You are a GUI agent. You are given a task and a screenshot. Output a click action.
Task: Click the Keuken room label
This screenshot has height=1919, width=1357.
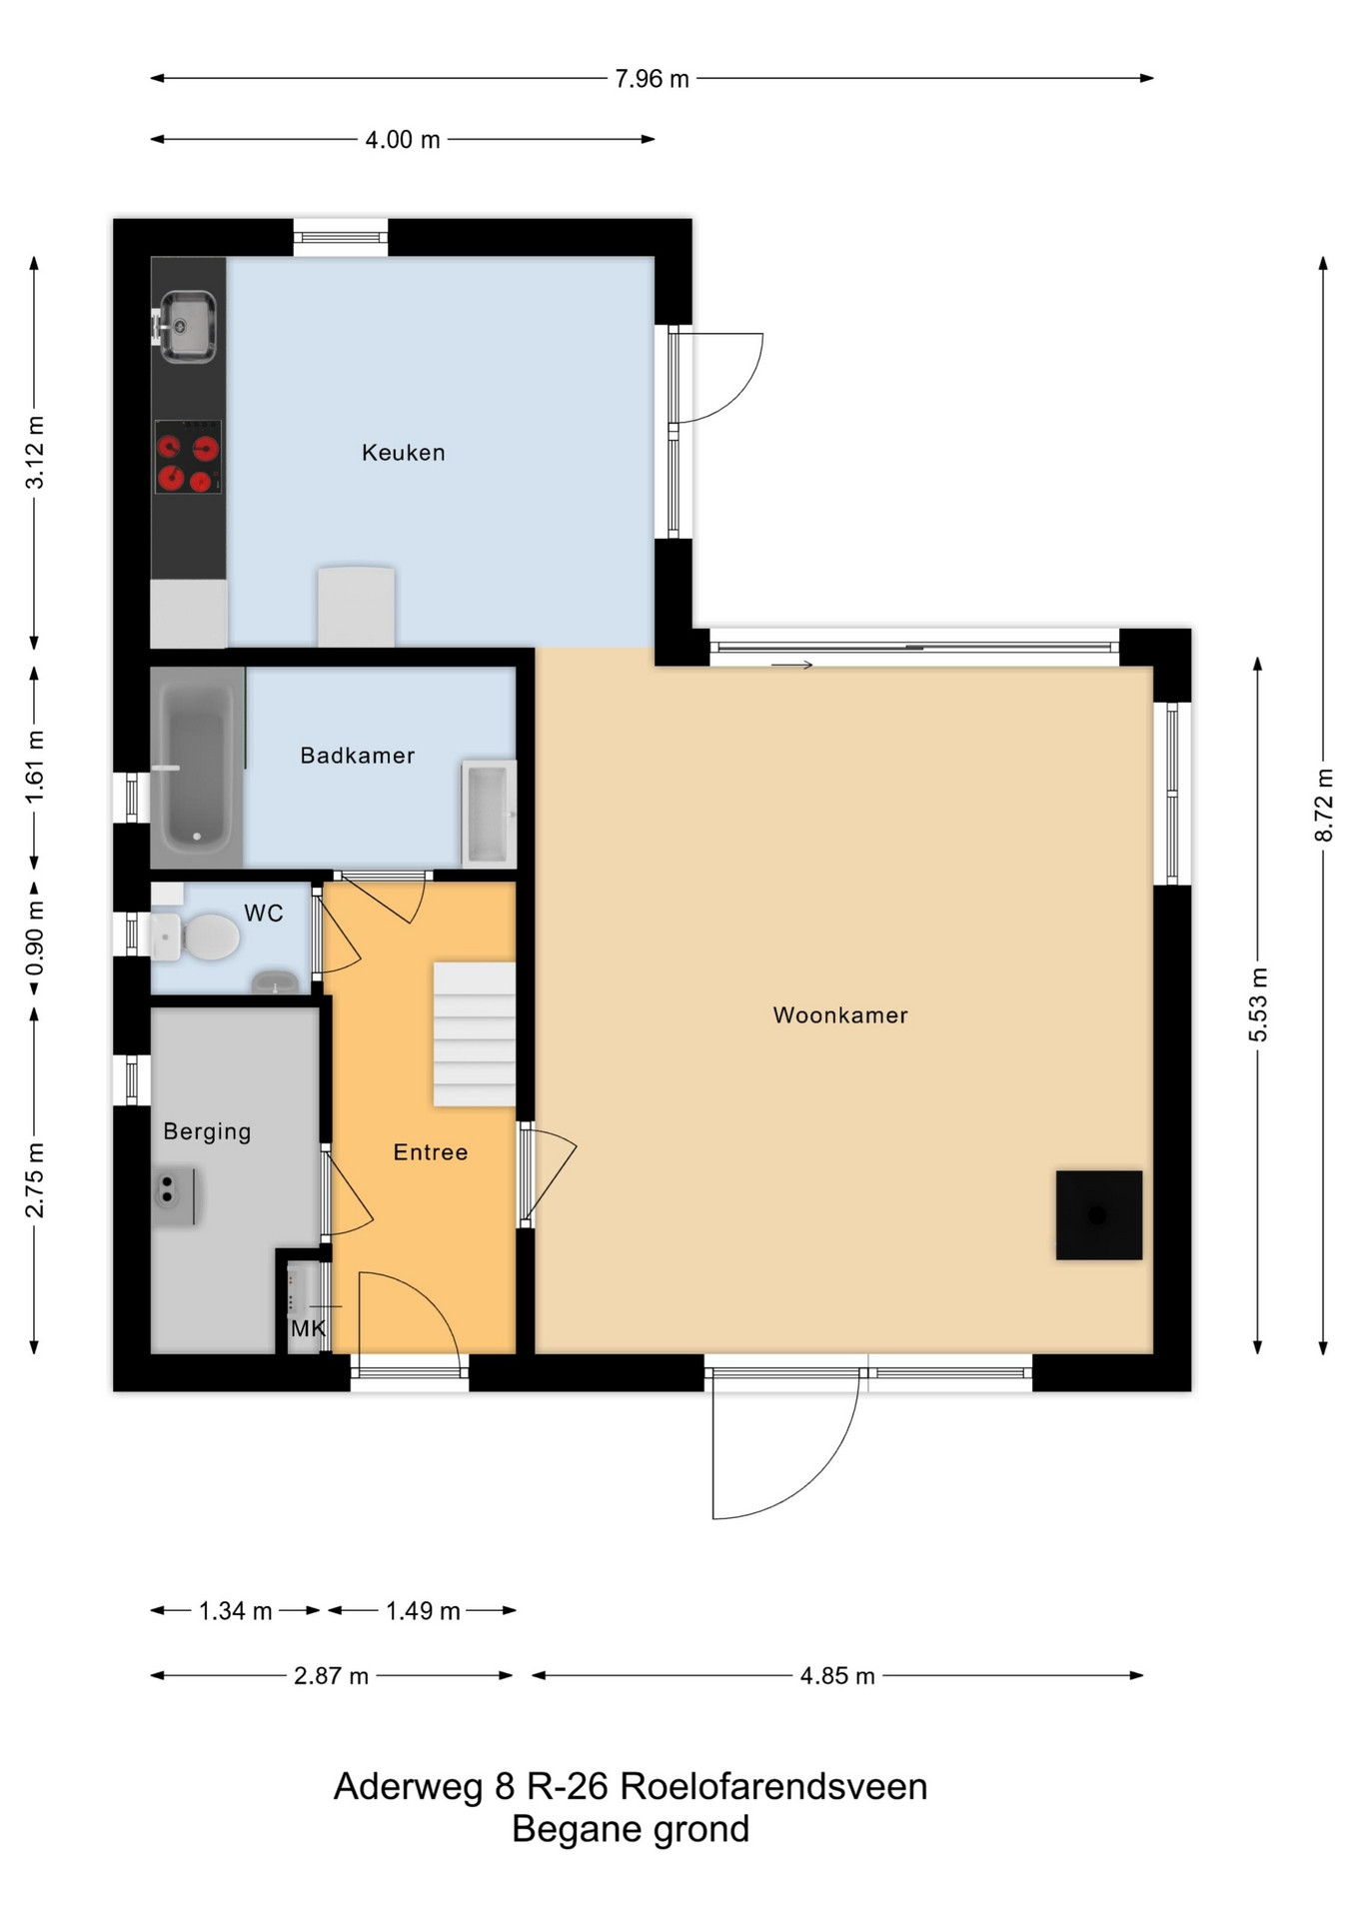[x=403, y=453]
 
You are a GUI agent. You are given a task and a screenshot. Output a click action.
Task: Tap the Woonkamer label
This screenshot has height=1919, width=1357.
[x=840, y=1015]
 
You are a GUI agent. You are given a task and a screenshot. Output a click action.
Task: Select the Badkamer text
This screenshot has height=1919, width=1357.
[x=358, y=756]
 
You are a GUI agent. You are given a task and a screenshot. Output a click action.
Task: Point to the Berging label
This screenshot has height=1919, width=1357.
[x=207, y=1131]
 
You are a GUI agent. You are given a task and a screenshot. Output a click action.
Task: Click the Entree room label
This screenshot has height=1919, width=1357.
[x=431, y=1152]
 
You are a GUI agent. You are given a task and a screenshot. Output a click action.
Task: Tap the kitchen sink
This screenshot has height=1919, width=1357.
[x=187, y=326]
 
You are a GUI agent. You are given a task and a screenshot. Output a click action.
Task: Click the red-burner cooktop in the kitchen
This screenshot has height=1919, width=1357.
[x=188, y=458]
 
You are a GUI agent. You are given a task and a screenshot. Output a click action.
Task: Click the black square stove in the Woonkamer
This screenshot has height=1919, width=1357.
[x=1099, y=1215]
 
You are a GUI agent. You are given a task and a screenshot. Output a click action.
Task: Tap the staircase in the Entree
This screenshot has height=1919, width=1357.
[x=475, y=1033]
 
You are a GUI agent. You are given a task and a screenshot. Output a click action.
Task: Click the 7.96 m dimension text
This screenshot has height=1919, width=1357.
[x=652, y=79]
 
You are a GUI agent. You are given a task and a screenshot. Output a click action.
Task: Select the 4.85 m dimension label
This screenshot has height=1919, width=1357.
[x=837, y=1676]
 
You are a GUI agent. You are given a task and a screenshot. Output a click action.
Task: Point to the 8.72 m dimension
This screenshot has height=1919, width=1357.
[x=1324, y=805]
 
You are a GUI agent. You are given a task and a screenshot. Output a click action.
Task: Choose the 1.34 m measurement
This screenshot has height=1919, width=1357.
[x=236, y=1611]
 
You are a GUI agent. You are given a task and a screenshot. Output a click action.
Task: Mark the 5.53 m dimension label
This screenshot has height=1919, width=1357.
[x=1258, y=1004]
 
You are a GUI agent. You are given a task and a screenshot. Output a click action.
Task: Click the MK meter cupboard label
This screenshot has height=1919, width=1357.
[x=308, y=1329]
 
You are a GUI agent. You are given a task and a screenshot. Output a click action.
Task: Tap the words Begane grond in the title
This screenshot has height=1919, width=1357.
[x=631, y=1829]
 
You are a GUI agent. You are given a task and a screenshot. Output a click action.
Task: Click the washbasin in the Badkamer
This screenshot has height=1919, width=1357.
[x=489, y=813]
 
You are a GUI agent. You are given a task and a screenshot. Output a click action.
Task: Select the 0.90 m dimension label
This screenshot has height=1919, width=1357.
[x=35, y=939]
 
